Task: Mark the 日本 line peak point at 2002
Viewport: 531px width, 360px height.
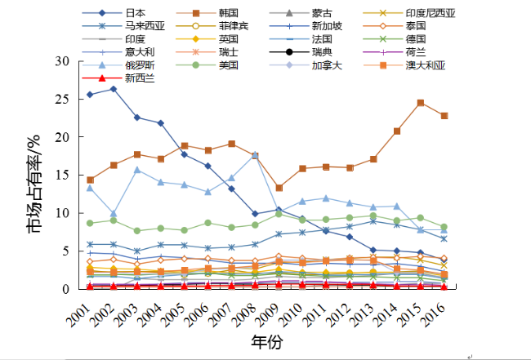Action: tap(114, 89)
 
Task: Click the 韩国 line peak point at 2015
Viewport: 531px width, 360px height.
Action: tap(420, 103)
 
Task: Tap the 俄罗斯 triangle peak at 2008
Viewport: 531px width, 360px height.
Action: tap(255, 154)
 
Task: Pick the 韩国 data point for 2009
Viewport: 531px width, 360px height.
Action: tap(279, 188)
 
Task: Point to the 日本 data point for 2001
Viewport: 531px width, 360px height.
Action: tap(90, 95)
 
